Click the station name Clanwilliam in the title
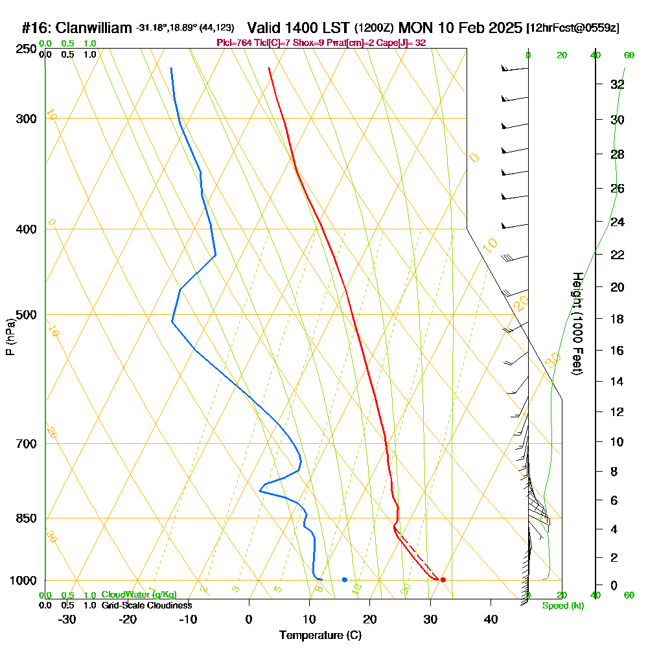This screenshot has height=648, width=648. (94, 28)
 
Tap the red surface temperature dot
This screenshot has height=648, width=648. (443, 579)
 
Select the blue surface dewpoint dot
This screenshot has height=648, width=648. (344, 579)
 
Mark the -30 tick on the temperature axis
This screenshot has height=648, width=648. (67, 619)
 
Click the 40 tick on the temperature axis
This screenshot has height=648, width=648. (491, 619)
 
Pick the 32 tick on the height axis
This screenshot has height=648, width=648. (618, 84)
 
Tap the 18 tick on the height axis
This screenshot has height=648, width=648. (618, 319)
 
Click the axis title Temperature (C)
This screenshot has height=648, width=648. (321, 636)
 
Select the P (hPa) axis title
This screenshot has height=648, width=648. (10, 337)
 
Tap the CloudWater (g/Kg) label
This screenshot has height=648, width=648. (139, 595)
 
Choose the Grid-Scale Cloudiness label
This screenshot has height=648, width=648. (146, 605)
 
